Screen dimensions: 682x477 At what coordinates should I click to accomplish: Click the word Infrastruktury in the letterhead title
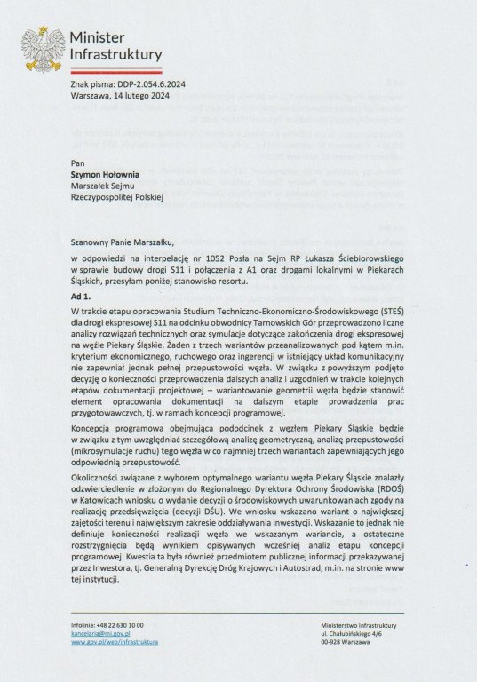[x=115, y=55]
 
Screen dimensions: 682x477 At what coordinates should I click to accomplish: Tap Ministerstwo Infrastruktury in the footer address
[x=360, y=625]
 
